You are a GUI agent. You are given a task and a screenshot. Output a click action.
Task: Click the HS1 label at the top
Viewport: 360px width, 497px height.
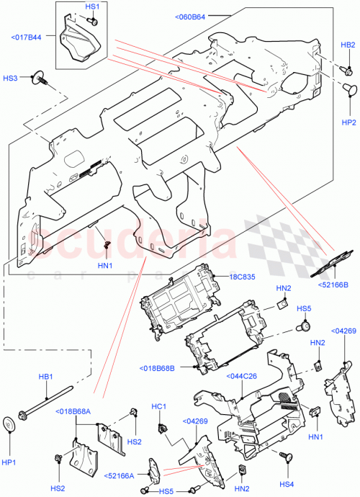coord(92,6)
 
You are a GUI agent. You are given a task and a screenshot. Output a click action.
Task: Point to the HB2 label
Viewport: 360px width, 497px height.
coord(348,45)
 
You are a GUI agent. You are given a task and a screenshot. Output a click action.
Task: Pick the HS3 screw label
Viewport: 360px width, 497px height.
coord(10,77)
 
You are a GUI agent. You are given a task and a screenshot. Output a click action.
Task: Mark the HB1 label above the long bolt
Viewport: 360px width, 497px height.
coord(45,377)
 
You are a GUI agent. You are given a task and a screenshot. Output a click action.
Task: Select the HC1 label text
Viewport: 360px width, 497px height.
coord(159,407)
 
